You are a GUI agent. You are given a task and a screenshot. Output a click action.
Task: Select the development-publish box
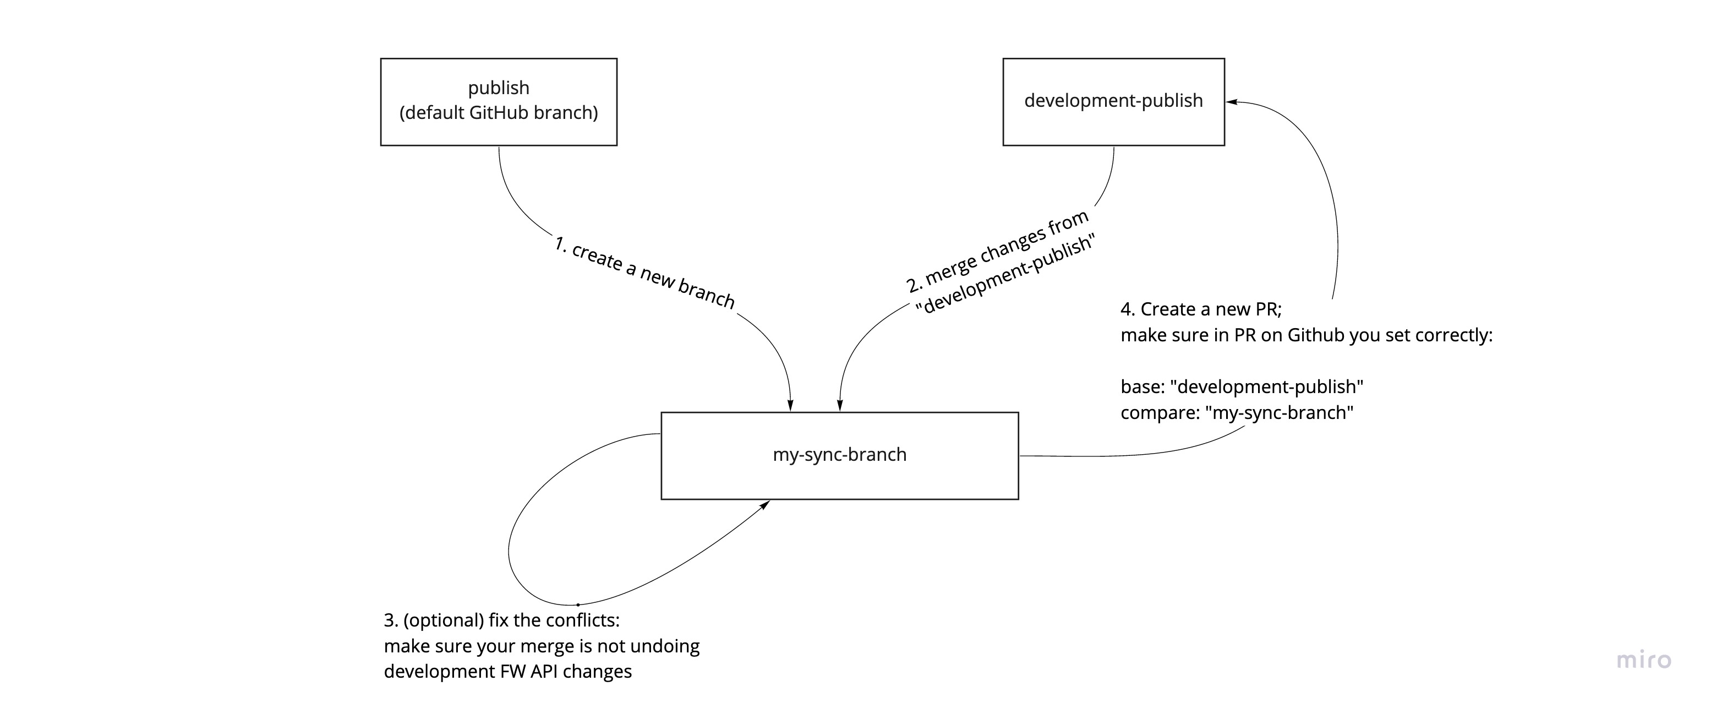[x=1113, y=102]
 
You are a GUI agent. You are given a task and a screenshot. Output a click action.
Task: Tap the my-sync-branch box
[x=840, y=456]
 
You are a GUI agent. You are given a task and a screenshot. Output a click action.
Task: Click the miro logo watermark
[x=1643, y=660]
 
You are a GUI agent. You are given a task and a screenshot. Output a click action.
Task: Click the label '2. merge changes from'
[x=996, y=251]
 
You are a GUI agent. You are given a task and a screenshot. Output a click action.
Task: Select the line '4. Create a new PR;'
[x=1201, y=309]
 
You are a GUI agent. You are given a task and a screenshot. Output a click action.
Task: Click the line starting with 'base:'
[x=1242, y=386]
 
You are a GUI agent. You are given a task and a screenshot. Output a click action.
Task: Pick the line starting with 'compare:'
[x=1237, y=412]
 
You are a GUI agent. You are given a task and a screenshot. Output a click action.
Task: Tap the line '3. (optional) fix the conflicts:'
[x=501, y=620]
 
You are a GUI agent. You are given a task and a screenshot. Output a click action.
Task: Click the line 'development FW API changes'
[x=507, y=672]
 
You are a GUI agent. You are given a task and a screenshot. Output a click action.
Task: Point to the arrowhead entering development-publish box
[x=1231, y=102]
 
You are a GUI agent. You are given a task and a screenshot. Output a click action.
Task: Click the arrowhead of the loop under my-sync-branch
[x=765, y=505]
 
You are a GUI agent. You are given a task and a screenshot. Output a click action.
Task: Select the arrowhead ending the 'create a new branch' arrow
[x=790, y=405]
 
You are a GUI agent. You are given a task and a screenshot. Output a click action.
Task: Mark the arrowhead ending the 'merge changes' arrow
[x=840, y=405]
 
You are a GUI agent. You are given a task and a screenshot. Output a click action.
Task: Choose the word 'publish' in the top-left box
[x=498, y=88]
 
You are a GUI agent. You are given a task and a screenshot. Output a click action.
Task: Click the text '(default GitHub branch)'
[x=498, y=113]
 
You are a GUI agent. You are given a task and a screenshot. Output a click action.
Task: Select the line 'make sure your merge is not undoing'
[x=542, y=646]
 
